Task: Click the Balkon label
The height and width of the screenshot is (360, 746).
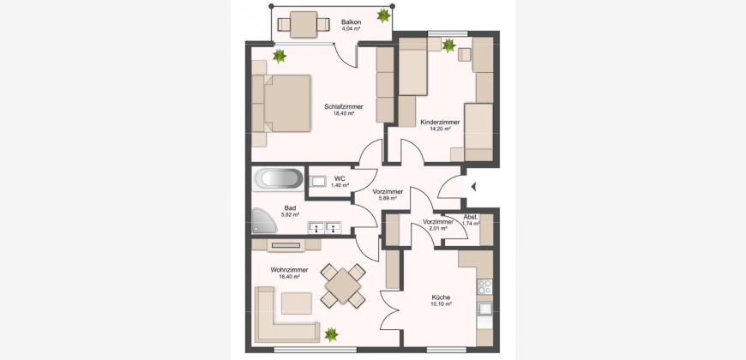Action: click(351, 22)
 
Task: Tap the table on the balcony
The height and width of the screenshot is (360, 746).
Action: click(304, 24)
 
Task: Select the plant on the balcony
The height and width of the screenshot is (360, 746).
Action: click(383, 15)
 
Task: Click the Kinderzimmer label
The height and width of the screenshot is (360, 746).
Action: click(440, 123)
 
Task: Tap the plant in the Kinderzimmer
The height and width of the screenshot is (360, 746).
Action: click(448, 45)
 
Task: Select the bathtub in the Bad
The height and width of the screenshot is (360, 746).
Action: click(278, 179)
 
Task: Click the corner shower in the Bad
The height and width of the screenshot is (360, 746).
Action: click(264, 221)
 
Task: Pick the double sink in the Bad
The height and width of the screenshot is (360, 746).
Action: click(324, 228)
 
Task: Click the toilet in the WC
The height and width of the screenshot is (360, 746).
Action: click(317, 181)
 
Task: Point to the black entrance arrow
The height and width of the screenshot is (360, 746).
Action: click(473, 187)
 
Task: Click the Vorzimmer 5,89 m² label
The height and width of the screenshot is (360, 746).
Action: click(388, 195)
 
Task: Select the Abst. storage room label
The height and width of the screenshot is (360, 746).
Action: click(471, 218)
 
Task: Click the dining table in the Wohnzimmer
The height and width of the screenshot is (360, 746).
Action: click(343, 285)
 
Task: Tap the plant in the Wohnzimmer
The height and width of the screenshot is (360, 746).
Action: click(331, 334)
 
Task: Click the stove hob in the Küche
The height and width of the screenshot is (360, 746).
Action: click(484, 287)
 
